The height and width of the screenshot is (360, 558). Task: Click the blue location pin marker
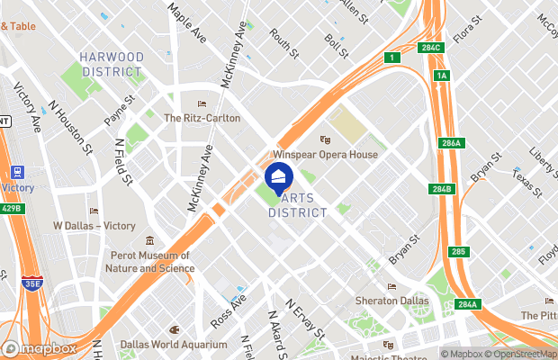pyautogui.click(x=279, y=176)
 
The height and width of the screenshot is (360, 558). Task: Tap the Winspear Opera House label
pyautogui.click(x=331, y=155)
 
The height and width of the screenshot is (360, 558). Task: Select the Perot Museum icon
pyautogui.click(x=150, y=242)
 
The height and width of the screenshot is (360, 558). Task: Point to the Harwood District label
pyautogui.click(x=112, y=64)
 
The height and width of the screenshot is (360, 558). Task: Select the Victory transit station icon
pyautogui.click(x=15, y=172)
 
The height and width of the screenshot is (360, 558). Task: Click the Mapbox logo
pyautogui.click(x=40, y=348)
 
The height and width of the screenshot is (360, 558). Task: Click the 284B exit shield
pyautogui.click(x=441, y=189)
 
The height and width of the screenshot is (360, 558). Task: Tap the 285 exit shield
pyautogui.click(x=459, y=251)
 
